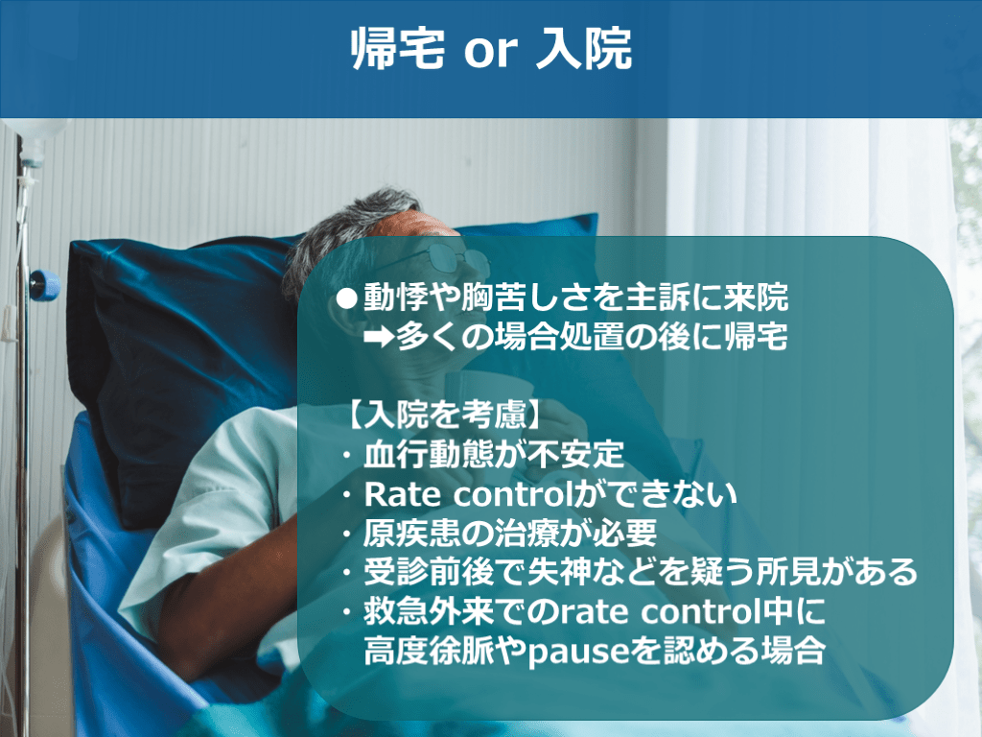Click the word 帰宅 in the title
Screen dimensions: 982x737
[x=398, y=49]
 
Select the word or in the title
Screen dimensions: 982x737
[x=491, y=52]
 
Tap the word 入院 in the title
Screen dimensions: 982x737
[x=584, y=49]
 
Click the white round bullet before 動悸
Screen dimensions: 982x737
[x=346, y=298]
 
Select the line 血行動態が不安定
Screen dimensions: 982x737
[x=494, y=454]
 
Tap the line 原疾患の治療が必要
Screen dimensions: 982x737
[x=510, y=534]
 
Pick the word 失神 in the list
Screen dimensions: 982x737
[x=559, y=572]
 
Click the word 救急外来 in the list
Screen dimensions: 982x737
[x=429, y=611]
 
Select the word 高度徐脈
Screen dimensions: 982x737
[x=429, y=652]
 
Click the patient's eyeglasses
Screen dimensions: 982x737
[x=450, y=256]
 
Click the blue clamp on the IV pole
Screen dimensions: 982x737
[x=44, y=285]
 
